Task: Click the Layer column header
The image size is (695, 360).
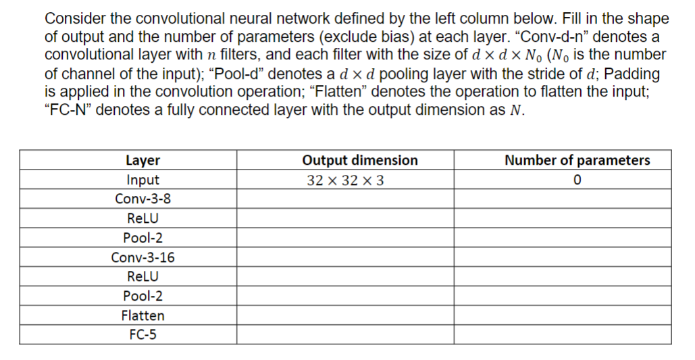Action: (143, 160)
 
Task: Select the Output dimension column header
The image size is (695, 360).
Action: (359, 160)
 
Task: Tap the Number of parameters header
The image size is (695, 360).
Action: (577, 160)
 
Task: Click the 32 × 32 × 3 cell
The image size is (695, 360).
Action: (346, 180)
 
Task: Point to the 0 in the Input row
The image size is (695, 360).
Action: (577, 180)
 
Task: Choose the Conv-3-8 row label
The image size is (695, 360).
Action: (143, 199)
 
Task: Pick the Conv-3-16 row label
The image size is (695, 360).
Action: (143, 257)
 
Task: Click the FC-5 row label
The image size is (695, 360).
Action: (143, 334)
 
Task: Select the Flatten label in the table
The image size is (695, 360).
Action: (143, 315)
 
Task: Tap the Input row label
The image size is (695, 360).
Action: (143, 180)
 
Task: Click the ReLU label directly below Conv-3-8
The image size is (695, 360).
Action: (143, 219)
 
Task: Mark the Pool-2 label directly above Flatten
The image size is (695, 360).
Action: (143, 296)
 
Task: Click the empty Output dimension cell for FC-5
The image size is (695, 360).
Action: (344, 334)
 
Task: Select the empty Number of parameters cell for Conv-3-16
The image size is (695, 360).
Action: (562, 257)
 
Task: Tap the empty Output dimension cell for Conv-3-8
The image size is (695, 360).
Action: (344, 199)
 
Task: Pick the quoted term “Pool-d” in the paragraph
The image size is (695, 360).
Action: (250, 74)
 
